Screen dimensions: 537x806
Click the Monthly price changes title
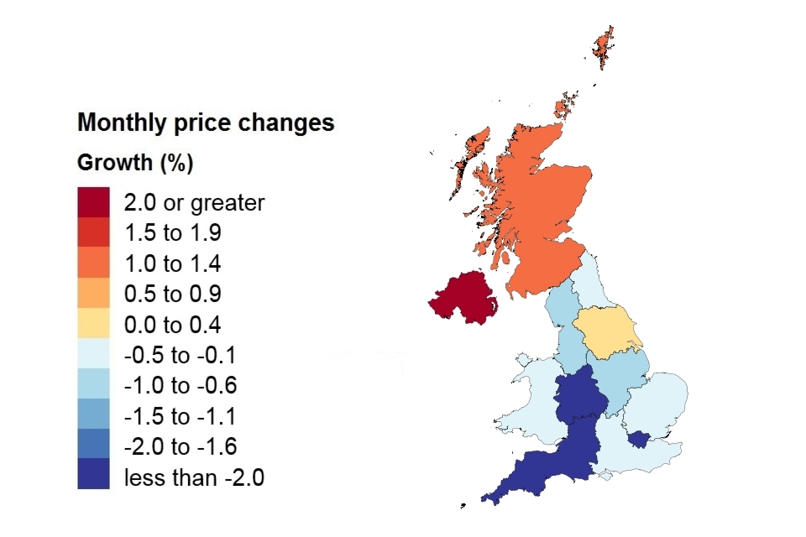click(x=206, y=123)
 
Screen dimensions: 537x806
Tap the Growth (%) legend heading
click(x=135, y=163)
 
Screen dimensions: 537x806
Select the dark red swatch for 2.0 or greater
click(x=93, y=202)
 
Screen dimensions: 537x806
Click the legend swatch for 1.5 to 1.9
click(x=93, y=232)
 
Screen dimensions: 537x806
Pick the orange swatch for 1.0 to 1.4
click(x=93, y=263)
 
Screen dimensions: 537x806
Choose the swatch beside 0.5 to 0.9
click(x=93, y=294)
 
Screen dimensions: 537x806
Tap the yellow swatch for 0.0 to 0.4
click(x=93, y=325)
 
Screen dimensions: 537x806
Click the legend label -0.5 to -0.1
click(x=181, y=356)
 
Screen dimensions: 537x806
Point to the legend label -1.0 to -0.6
click(x=181, y=386)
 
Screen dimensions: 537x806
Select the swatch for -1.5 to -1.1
click(x=93, y=416)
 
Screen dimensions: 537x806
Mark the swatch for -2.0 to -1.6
click(x=93, y=446)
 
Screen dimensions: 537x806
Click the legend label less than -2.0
click(x=194, y=477)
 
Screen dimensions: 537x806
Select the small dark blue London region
click(x=639, y=439)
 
